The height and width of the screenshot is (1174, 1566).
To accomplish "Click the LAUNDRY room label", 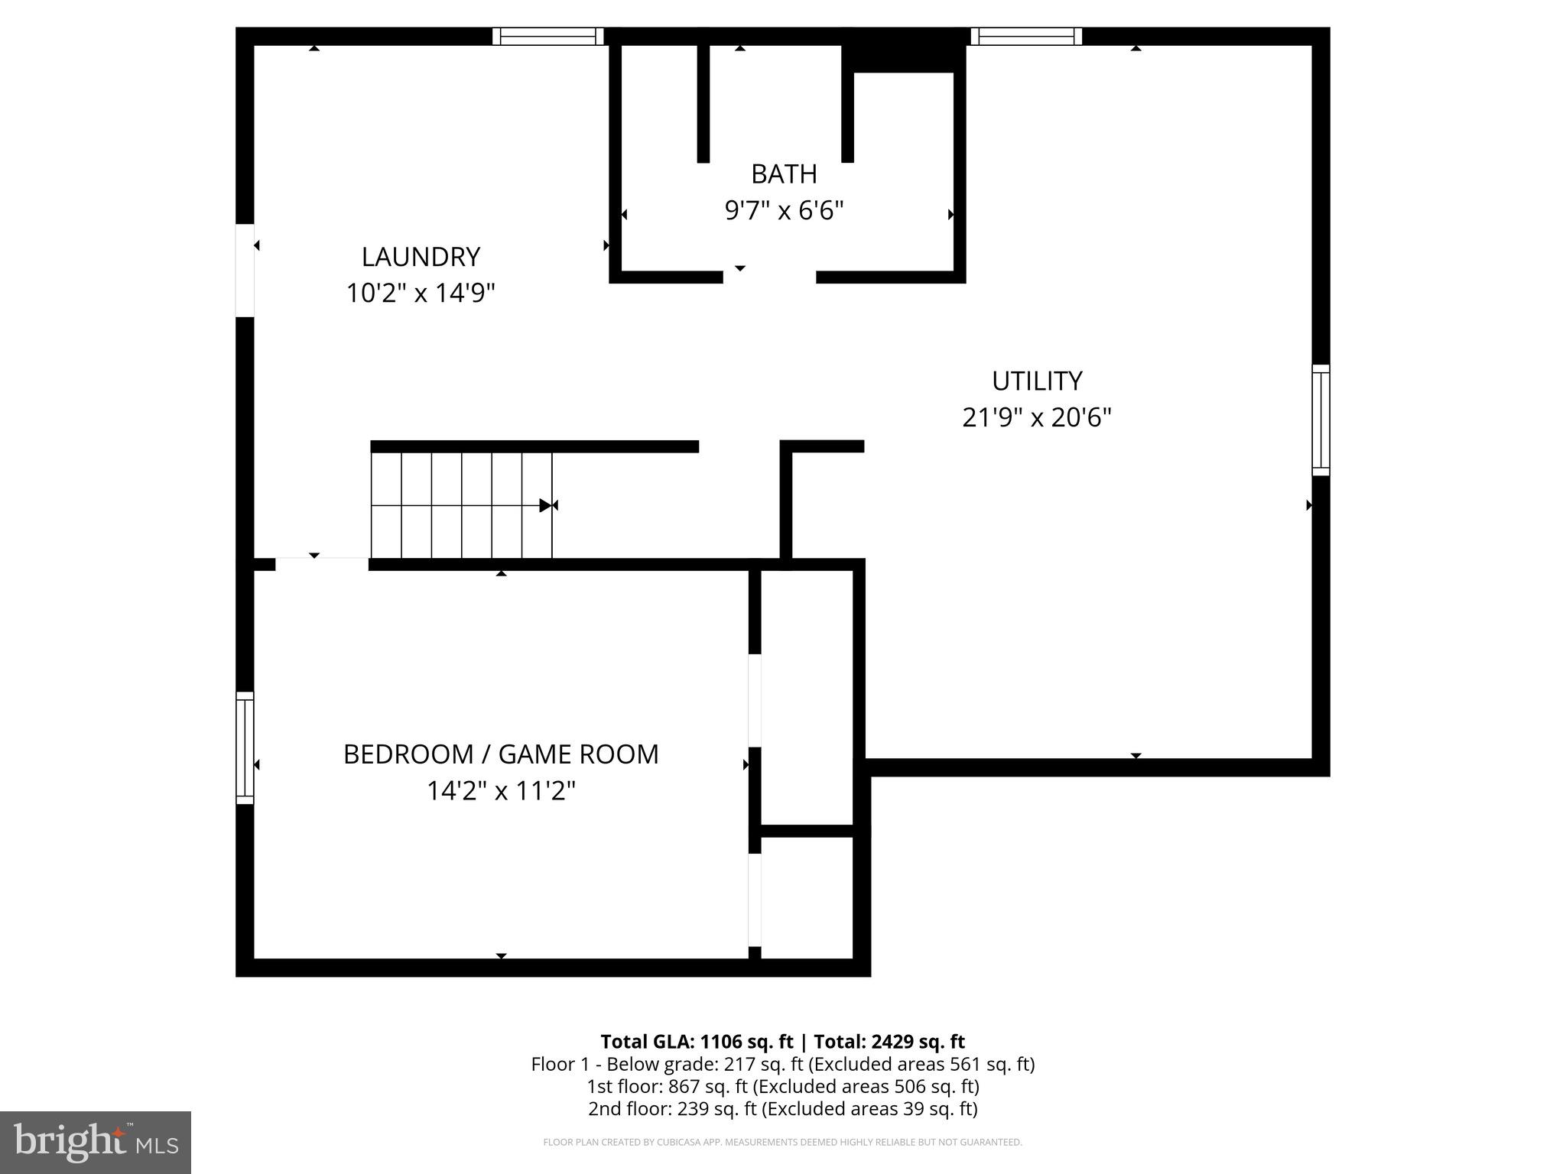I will point(421,257).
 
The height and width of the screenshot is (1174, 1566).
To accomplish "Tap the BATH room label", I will point(784,174).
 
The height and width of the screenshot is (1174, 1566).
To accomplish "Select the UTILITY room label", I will point(1037,381).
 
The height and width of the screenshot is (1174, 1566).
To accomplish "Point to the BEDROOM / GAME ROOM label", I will point(501,754).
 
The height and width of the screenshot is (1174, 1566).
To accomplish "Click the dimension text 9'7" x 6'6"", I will point(784,210).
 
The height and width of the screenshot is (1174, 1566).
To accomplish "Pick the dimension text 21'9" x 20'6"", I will point(1037,417).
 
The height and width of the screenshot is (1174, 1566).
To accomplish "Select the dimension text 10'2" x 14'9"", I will point(421,293).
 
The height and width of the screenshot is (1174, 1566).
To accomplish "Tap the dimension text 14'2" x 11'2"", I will point(501,790).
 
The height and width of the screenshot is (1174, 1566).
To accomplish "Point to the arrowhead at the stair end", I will point(546,505).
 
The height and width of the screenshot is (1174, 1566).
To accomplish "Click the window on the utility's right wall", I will point(1321,420).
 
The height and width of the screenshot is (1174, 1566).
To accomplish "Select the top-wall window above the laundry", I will point(547,36).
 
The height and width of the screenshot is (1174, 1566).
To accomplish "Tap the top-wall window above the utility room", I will point(1026,36).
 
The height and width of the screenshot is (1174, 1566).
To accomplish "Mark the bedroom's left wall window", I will point(245,748).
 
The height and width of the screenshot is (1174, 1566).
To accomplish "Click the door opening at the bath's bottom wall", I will point(769,276).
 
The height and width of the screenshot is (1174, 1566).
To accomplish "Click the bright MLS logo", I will point(96,1142).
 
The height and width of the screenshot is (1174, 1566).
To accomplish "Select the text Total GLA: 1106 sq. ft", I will point(697,1042).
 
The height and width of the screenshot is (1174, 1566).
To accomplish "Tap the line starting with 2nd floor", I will point(782,1108).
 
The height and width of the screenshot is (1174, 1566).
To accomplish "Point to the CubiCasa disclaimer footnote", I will point(782,1142).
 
